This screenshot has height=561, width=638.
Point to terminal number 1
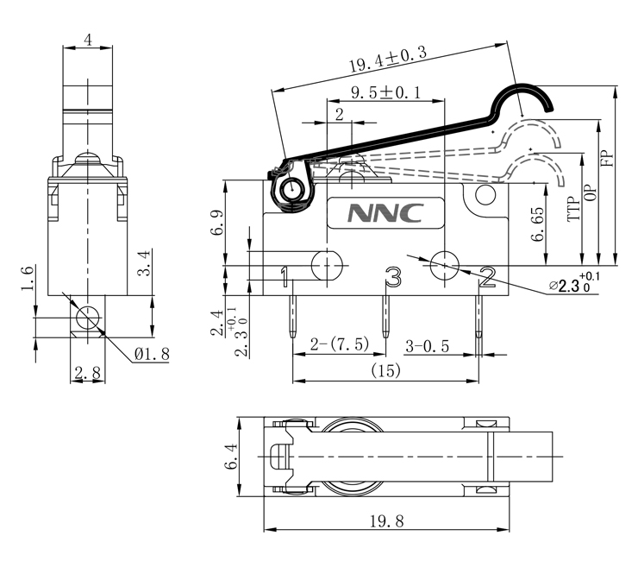click(284, 277)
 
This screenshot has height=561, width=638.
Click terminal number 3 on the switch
click(393, 277)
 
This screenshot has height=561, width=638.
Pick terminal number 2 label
click(487, 276)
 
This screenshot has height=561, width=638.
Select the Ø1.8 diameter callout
click(152, 353)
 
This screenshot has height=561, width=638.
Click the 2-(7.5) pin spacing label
click(340, 344)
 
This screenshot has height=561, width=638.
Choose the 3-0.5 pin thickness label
click(428, 345)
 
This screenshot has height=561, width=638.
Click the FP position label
click(607, 159)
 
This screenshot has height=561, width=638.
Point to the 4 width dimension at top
click(87, 39)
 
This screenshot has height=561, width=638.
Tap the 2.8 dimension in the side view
click(86, 373)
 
